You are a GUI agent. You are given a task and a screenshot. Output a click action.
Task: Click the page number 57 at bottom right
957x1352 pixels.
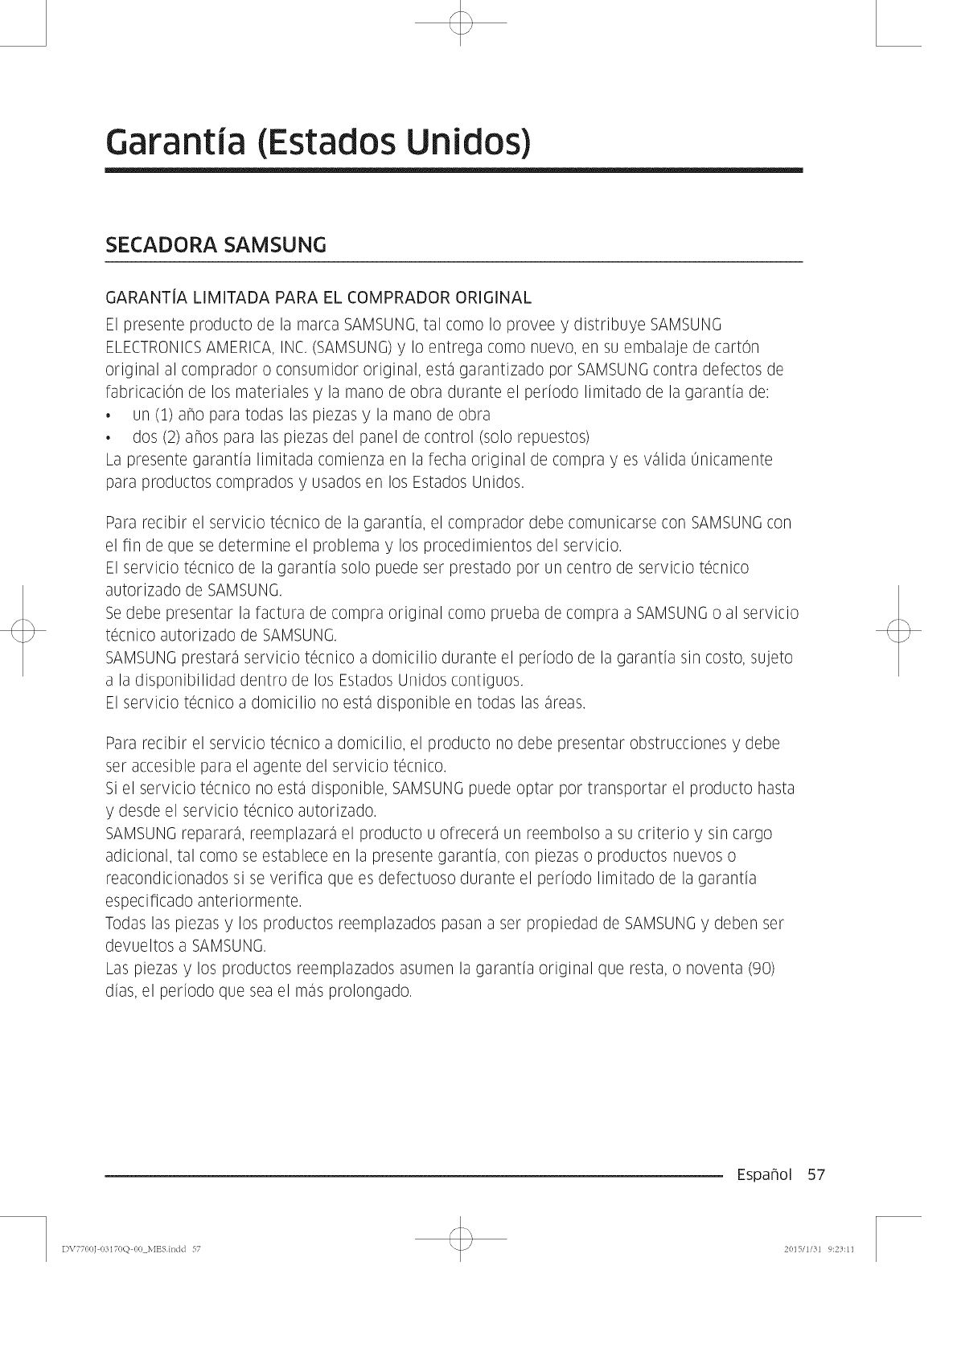point(816,1175)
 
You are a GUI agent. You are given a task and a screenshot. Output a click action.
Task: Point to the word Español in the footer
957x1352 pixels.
point(763,1175)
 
